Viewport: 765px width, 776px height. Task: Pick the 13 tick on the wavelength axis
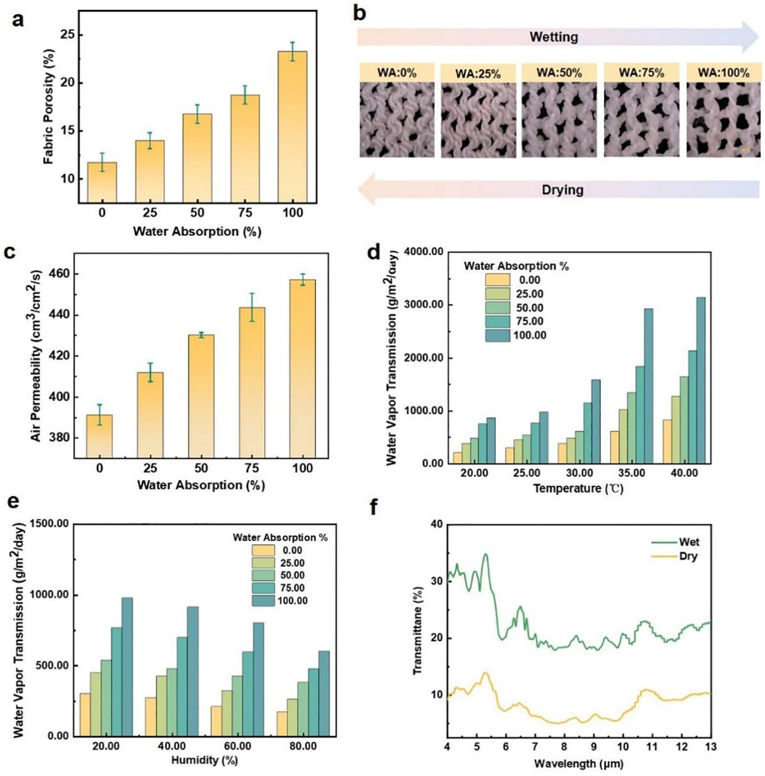710,747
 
